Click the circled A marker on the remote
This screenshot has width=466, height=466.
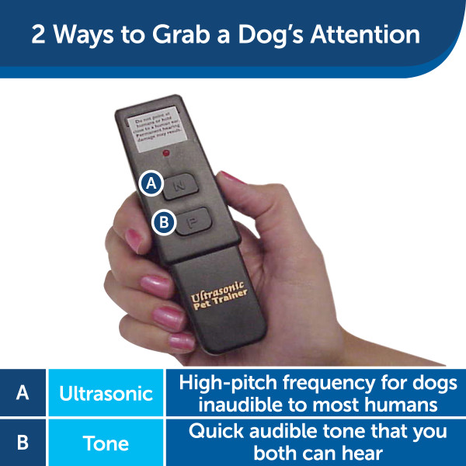click(x=152, y=183)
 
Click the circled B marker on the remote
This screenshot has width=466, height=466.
click(x=164, y=222)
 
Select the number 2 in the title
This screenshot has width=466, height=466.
click(x=39, y=36)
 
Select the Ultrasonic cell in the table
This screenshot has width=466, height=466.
click(x=106, y=393)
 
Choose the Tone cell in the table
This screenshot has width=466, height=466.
click(x=106, y=443)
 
